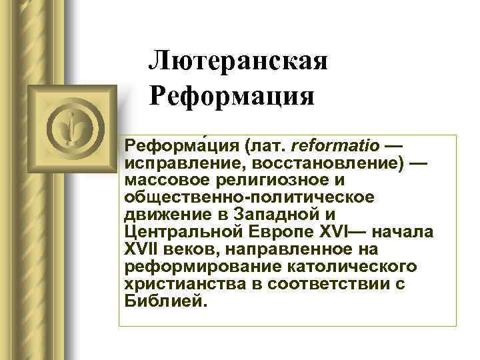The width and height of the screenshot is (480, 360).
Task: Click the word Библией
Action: (162, 301)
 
